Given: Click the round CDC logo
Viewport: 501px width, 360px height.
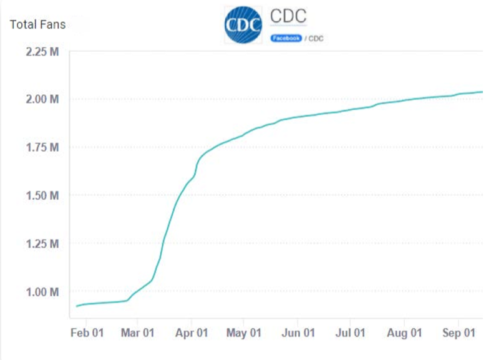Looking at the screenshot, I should pos(244,26).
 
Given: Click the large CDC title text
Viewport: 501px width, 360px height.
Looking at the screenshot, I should pos(288,16).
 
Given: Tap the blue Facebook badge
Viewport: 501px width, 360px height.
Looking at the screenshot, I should pos(286,39).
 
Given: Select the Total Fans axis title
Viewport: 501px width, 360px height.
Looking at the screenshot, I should pos(37,25).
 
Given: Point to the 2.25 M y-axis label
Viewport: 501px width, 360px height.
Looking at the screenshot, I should pos(42,51).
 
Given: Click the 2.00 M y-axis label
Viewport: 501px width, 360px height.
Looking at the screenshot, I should pos(42,99).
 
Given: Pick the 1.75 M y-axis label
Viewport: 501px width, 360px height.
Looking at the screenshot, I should pos(42,147).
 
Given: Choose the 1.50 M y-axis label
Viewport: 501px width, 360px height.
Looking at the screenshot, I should pos(42,195).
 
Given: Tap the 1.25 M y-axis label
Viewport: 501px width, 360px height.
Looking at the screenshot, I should pos(42,243).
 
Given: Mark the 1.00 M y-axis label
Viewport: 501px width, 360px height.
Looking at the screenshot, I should pos(42,291).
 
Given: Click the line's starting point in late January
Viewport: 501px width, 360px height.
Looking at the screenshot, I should pos(77,306).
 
